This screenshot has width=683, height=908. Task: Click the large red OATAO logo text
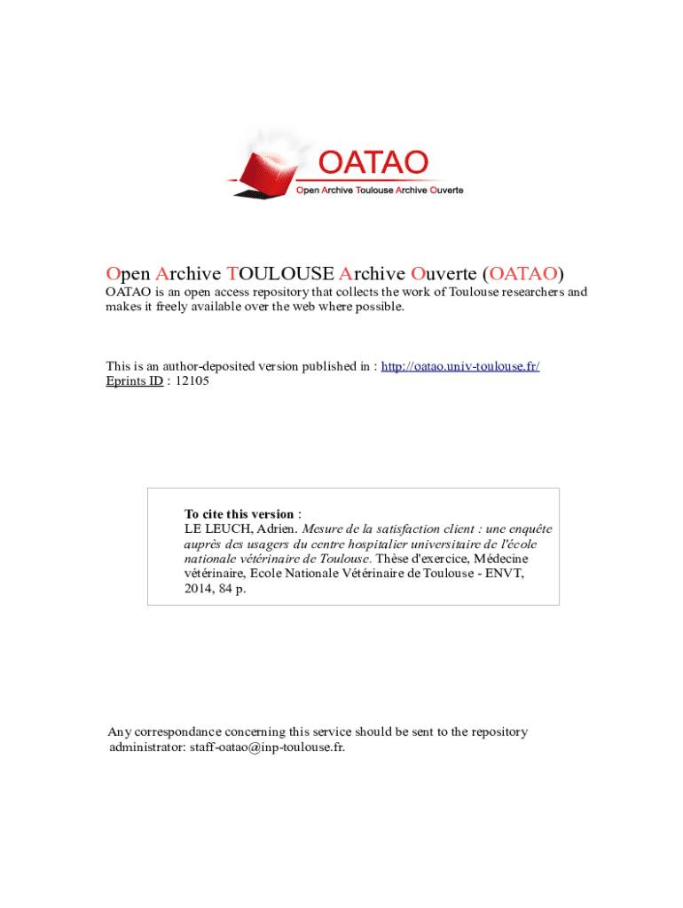pos(373,163)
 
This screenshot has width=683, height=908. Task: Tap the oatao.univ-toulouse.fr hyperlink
pos(460,366)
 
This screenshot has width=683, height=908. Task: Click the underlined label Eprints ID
pos(134,380)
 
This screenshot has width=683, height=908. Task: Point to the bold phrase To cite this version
pos(239,514)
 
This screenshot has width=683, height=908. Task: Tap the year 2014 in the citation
pos(198,589)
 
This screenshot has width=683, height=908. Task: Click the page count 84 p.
pos(232,589)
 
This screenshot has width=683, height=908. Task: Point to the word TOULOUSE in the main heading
pos(280,272)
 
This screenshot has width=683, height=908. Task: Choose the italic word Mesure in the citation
pos(323,529)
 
